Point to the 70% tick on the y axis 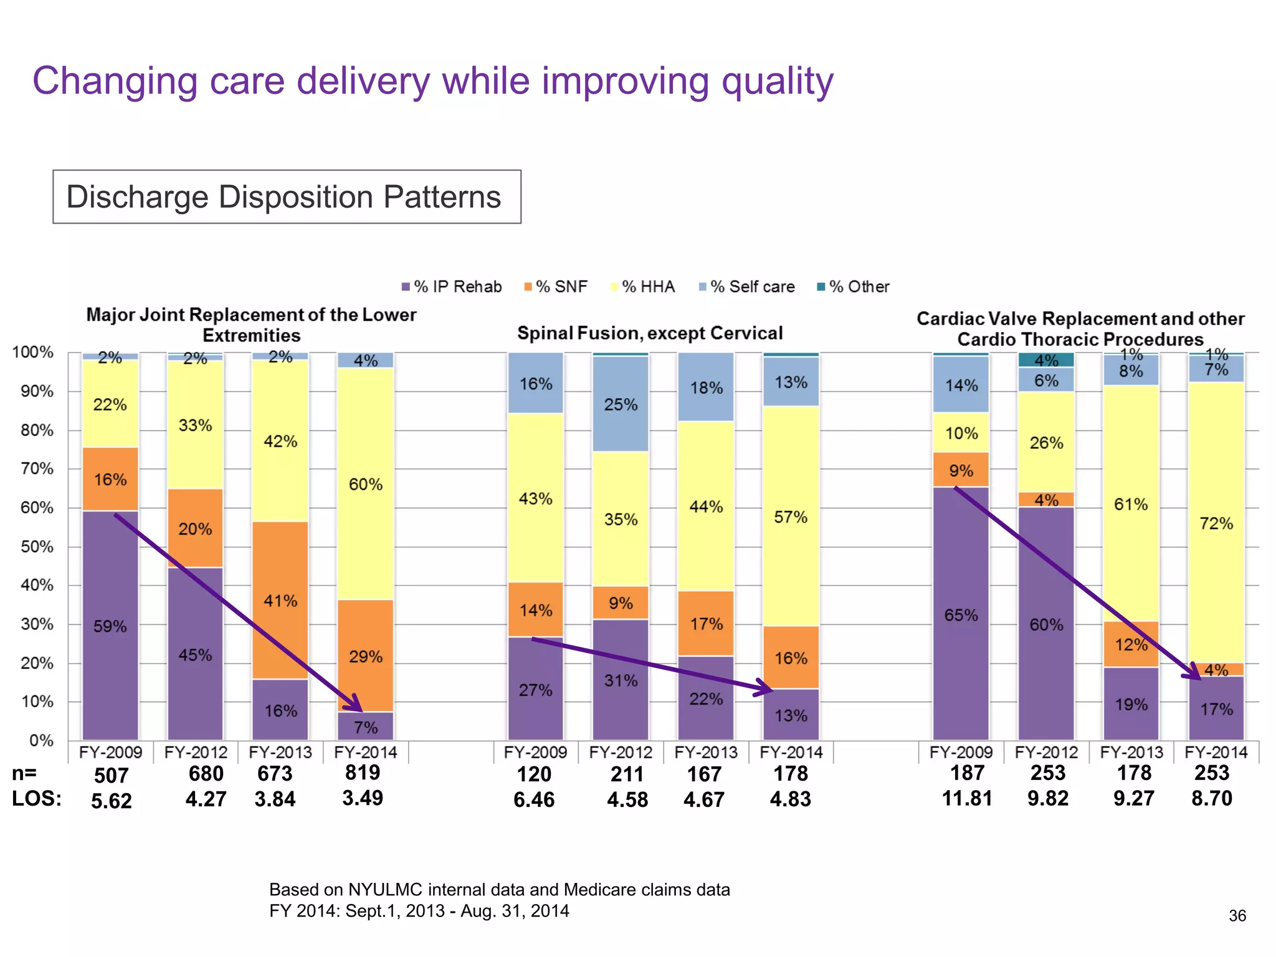(34, 469)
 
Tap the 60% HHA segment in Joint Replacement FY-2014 (366, 484)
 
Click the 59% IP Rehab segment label (110, 626)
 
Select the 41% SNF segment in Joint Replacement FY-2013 (280, 601)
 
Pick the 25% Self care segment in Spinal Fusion (621, 404)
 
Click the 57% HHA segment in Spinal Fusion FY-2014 (791, 517)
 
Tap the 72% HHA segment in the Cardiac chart (1216, 523)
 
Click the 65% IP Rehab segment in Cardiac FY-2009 (961, 615)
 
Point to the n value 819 (363, 773)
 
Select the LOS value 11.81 (966, 798)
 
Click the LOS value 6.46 (534, 799)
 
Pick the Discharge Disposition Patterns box (287, 197)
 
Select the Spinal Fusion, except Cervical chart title (650, 333)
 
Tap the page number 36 (1237, 915)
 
